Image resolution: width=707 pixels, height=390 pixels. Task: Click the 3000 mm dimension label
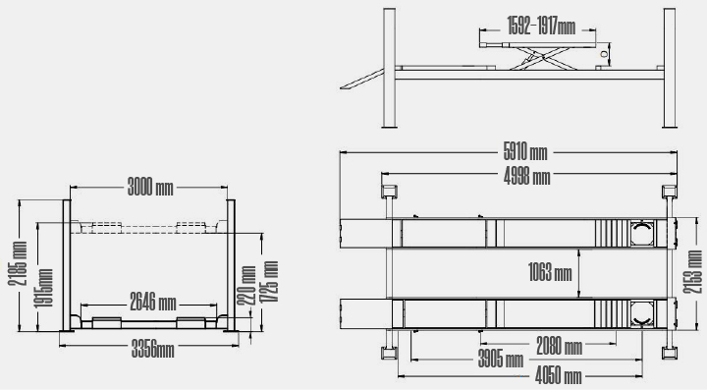[150, 187]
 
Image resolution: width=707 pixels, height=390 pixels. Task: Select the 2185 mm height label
[18, 263]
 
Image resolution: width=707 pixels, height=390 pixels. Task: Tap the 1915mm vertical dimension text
[44, 288]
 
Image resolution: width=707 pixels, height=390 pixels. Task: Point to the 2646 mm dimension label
[153, 302]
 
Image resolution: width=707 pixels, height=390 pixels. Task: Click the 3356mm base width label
[153, 350]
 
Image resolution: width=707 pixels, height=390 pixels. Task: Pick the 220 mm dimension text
[246, 286]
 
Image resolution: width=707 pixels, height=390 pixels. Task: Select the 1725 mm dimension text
[270, 281]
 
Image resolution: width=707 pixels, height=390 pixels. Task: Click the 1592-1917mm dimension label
[541, 26]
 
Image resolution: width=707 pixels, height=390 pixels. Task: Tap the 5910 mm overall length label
[525, 152]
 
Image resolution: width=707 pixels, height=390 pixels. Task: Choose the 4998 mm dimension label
[527, 177]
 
